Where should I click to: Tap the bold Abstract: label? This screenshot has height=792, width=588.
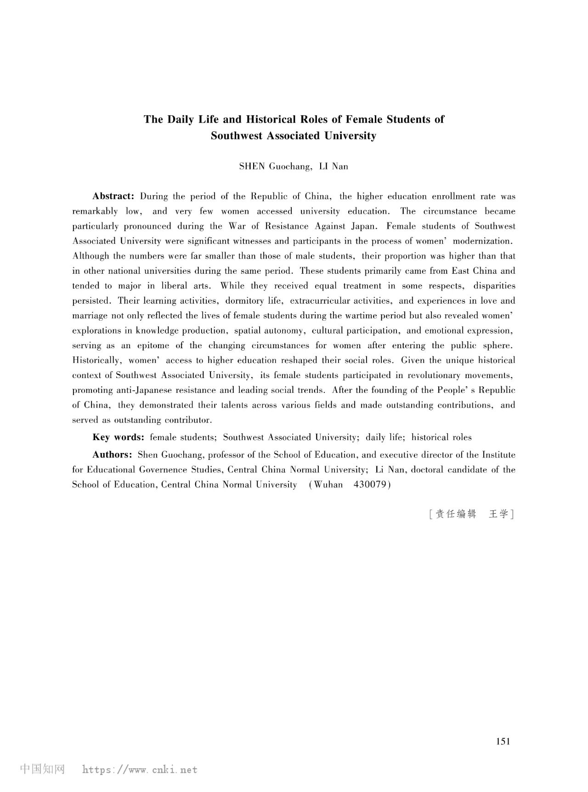point(113,196)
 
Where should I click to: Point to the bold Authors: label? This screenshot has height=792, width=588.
point(113,454)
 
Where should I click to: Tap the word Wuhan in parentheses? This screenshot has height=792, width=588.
point(328,484)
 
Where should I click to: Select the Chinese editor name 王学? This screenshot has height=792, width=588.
point(498,514)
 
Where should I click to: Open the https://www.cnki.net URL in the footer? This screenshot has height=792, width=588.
point(140,769)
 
